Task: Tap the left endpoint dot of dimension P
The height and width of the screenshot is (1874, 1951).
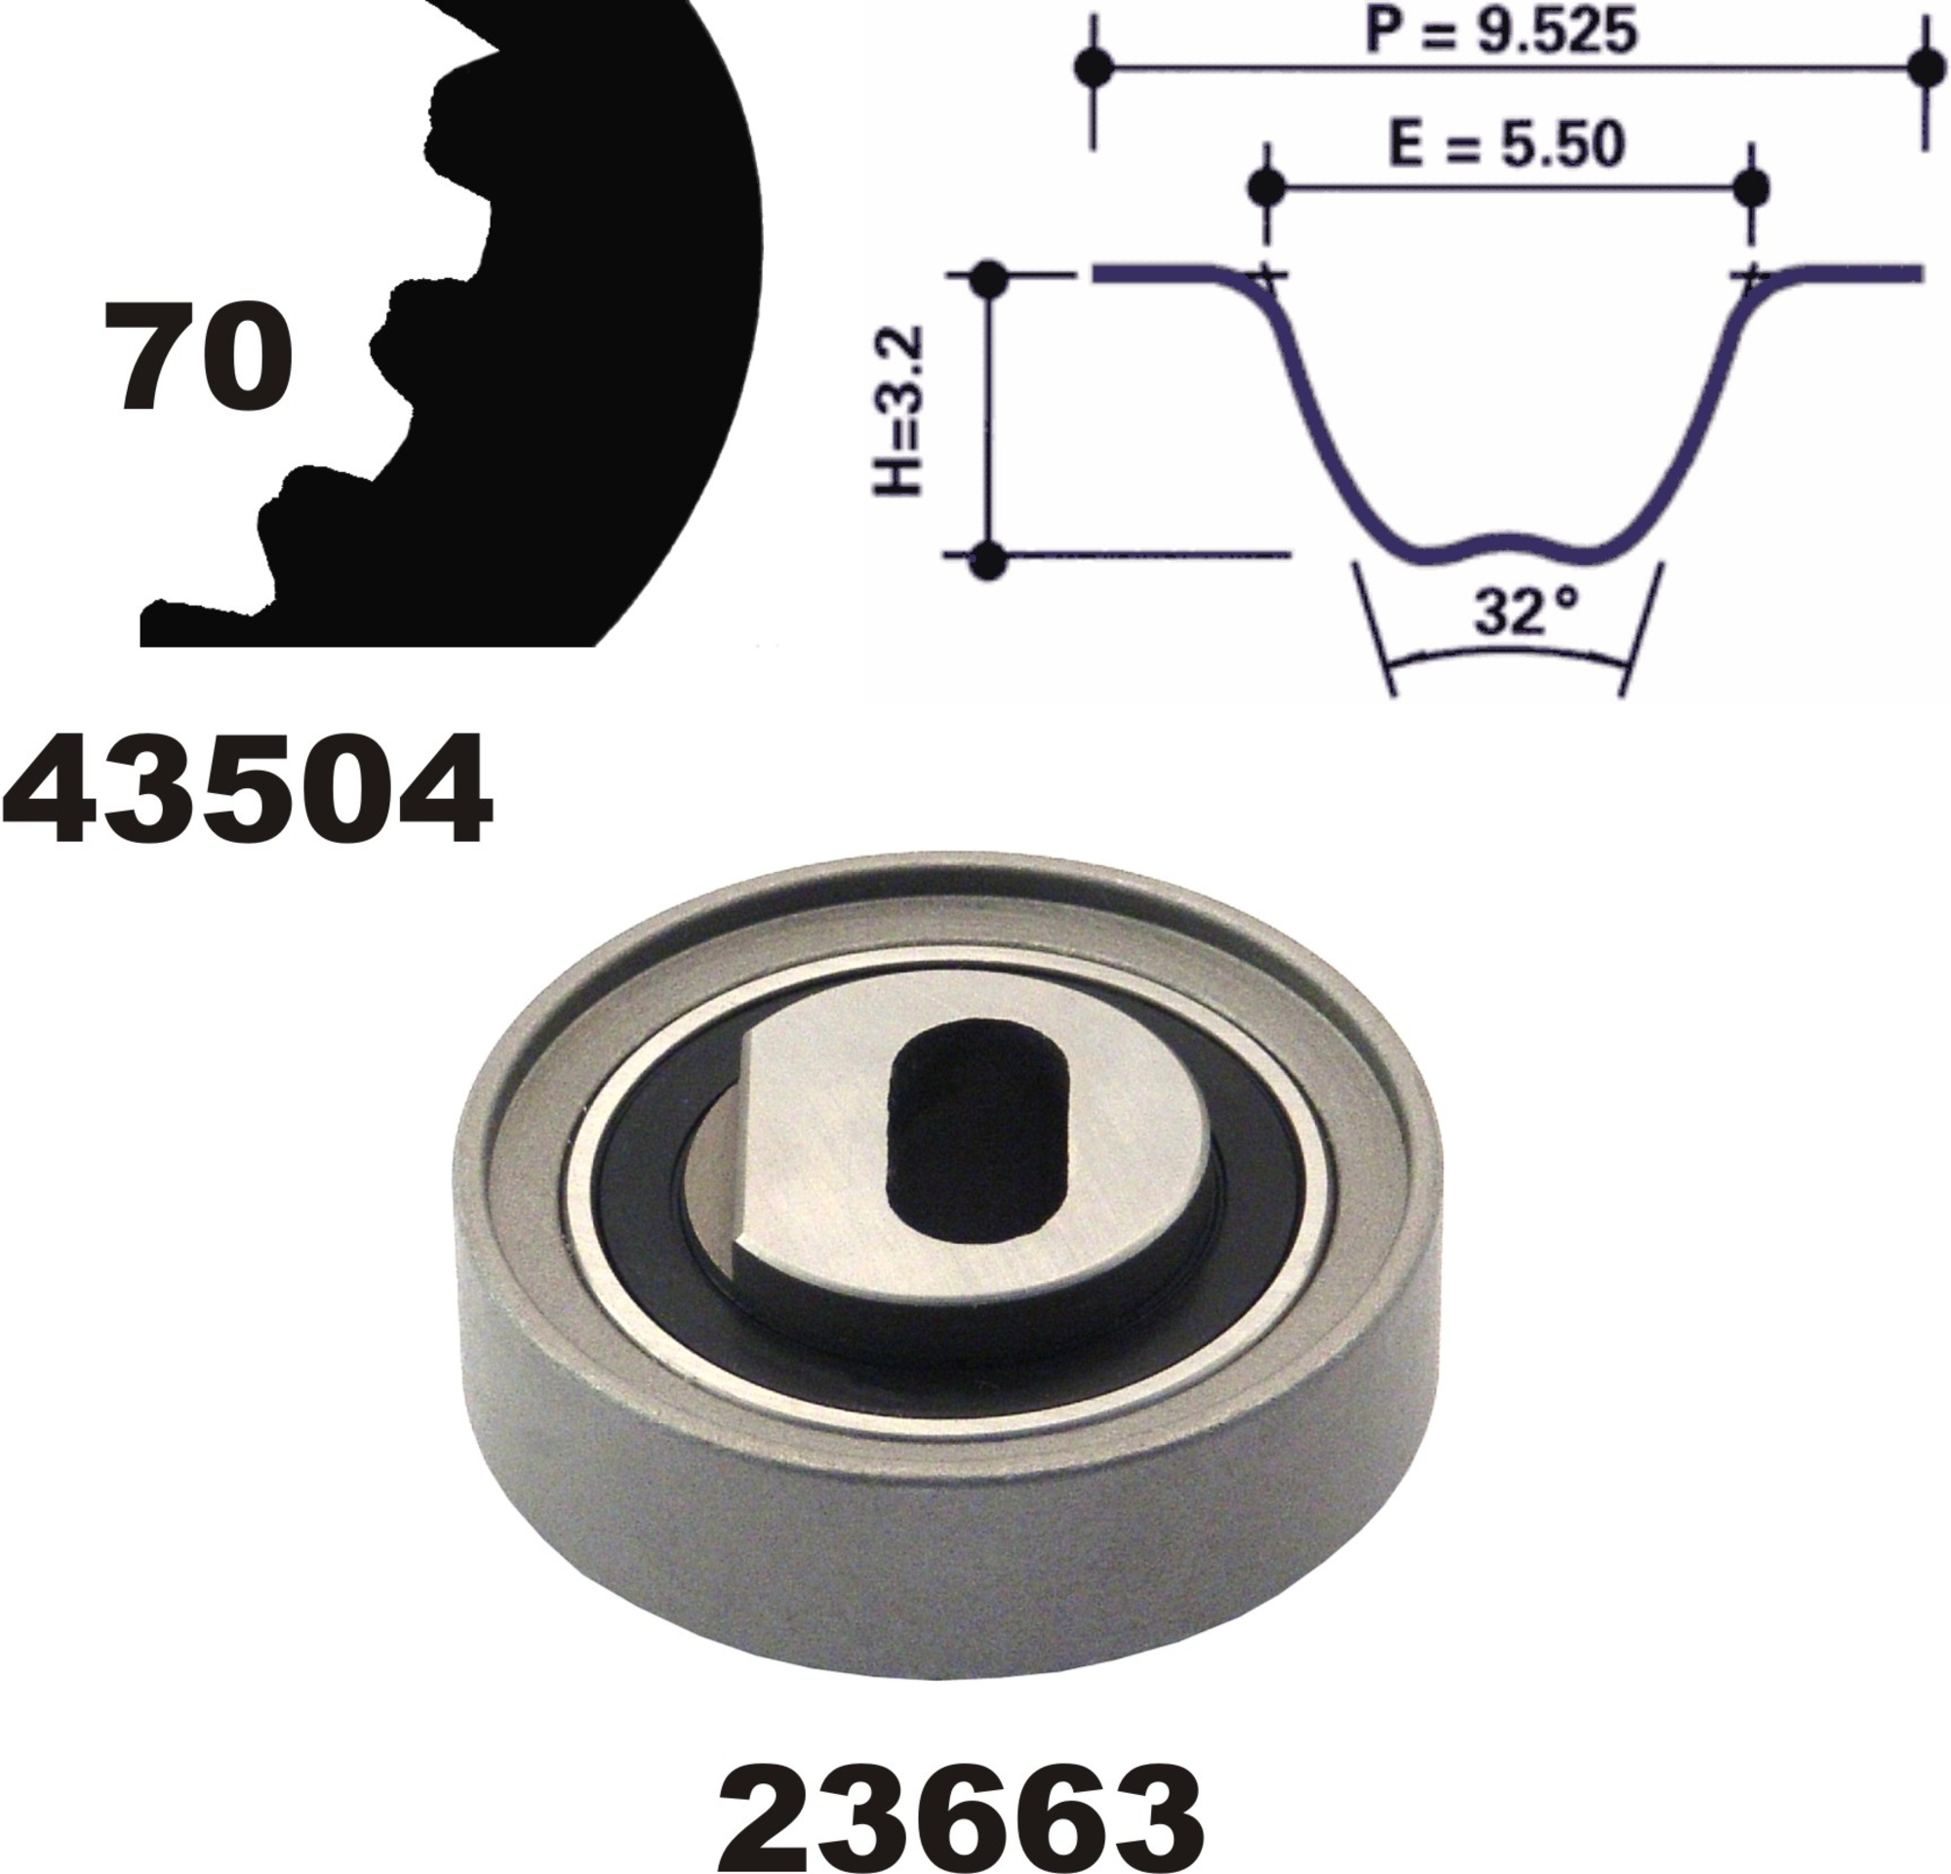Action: point(1095,67)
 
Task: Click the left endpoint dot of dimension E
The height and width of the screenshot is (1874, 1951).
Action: point(1266,186)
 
